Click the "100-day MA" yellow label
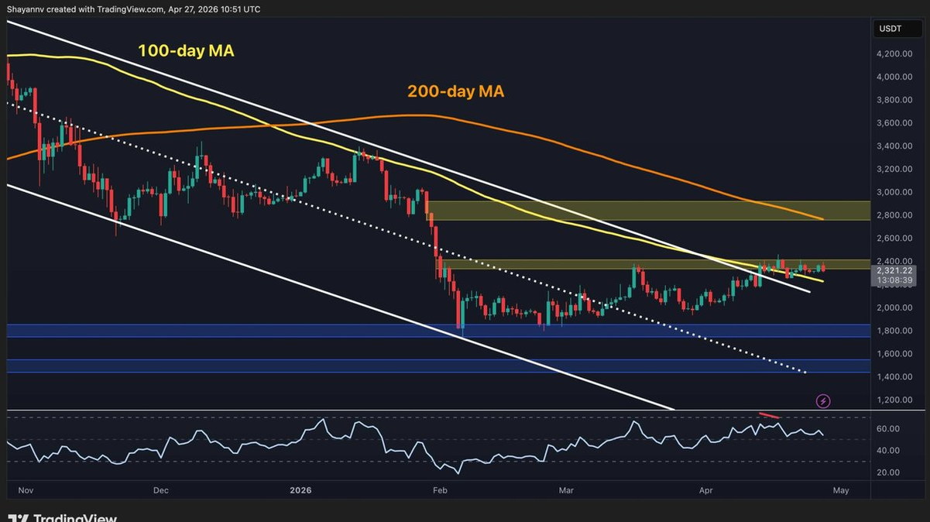(186, 51)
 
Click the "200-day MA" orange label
(455, 91)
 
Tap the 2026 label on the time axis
(300, 490)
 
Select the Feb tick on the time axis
(440, 490)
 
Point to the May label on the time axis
(841, 490)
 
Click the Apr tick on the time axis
(705, 490)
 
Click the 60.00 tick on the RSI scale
(887, 429)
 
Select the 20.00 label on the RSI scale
(887, 472)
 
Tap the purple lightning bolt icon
(823, 401)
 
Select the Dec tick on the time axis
(161, 490)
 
